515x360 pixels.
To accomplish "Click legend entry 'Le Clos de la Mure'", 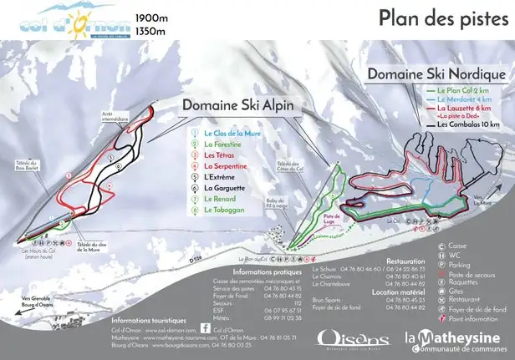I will (x=227, y=133).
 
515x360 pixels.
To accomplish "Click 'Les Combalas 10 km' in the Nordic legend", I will (x=467, y=124).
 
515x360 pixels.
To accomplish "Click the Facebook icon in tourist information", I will (x=206, y=326).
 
